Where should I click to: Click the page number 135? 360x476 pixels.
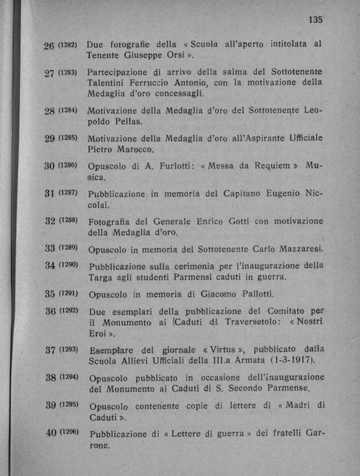[x=315, y=19]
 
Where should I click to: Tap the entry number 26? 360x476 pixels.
[x=50, y=46]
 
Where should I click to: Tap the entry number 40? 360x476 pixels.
[x=49, y=433]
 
